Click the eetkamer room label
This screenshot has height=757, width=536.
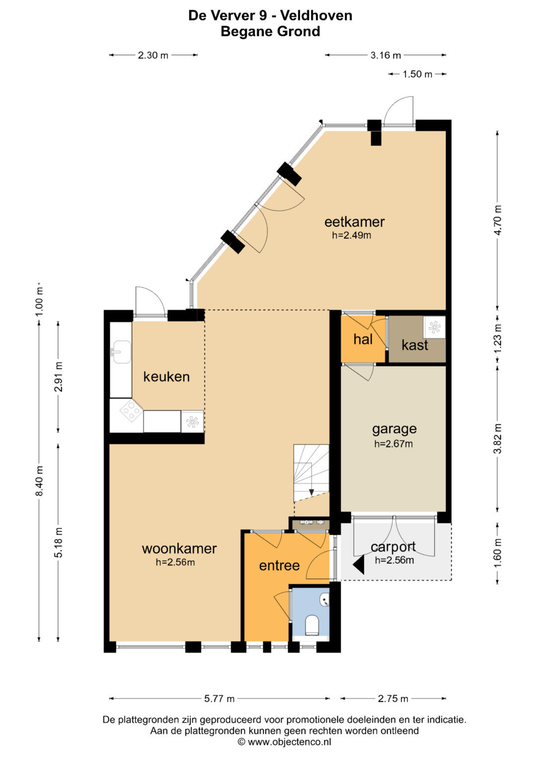(x=354, y=222)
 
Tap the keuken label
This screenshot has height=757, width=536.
(x=166, y=376)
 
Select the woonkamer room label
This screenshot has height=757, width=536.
(x=179, y=548)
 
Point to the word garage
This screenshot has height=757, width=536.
(x=394, y=429)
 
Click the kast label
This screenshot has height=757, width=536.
(x=415, y=345)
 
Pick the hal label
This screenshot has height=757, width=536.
(x=363, y=339)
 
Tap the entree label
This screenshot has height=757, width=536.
(x=279, y=566)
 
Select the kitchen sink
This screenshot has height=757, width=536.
(x=121, y=352)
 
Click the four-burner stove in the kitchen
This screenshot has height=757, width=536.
(x=132, y=411)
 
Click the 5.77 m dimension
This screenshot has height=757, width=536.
(x=219, y=699)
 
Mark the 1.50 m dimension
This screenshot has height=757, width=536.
(x=417, y=74)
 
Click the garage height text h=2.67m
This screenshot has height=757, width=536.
(x=394, y=444)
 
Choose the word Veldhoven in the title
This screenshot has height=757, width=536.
(x=317, y=15)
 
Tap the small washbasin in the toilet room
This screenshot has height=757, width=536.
(x=325, y=600)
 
